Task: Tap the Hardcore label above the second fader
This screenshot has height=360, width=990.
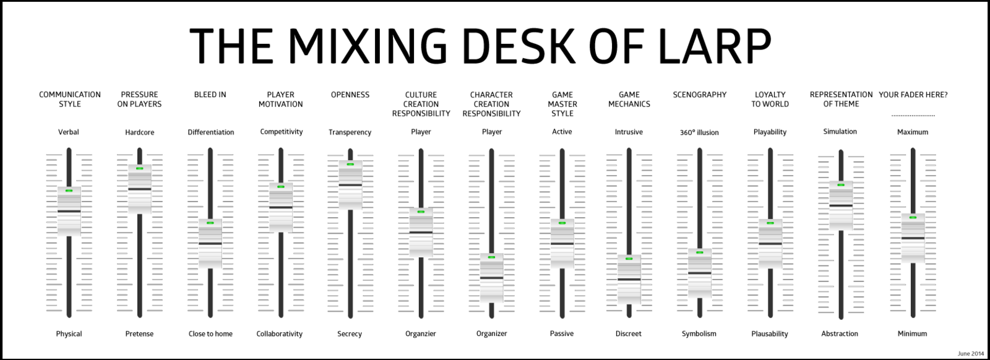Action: (140, 132)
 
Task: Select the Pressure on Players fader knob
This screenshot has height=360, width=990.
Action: (140, 189)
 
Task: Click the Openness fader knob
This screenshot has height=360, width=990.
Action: (350, 184)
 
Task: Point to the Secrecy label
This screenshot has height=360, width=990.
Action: (350, 334)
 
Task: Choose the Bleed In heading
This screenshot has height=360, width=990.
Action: (210, 95)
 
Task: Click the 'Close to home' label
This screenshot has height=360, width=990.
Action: (210, 334)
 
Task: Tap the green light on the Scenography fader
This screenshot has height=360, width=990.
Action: (700, 252)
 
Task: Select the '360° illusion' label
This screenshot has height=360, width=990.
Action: (699, 132)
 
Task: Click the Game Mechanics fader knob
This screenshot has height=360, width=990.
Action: (629, 279)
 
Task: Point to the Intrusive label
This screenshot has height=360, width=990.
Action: (629, 132)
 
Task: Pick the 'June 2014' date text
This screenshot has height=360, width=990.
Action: (971, 353)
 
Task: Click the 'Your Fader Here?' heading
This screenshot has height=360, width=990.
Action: (913, 95)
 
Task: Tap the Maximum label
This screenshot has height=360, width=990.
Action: (913, 132)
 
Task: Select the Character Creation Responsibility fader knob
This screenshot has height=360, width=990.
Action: (491, 278)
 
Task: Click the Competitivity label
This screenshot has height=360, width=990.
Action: (281, 132)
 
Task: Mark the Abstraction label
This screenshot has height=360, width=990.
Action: (840, 334)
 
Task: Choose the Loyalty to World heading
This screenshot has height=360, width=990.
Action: (770, 100)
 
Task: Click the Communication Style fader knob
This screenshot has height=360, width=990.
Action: (69, 211)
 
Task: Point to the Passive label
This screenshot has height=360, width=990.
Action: (562, 334)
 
